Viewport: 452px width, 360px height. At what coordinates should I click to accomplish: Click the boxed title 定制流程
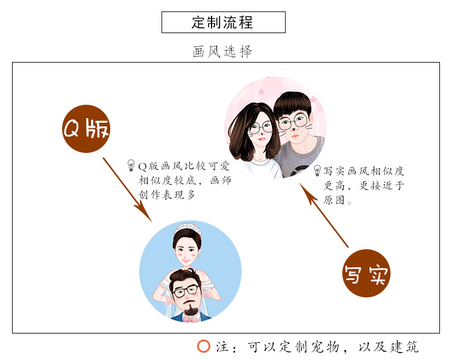coord(223,22)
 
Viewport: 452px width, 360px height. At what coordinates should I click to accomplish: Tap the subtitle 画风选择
coord(222,52)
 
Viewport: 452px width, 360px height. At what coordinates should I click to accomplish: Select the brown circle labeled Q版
coord(87,129)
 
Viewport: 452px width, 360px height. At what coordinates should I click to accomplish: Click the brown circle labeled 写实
coord(366,273)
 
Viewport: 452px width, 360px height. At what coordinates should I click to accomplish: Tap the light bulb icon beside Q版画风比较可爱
coord(131,165)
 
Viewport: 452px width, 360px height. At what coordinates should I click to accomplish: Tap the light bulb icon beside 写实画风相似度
coord(317,170)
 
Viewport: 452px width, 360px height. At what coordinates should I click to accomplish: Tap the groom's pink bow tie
coord(192,318)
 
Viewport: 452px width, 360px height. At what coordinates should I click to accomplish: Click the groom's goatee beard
coord(191,311)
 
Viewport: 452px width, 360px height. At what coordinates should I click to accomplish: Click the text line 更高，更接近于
coord(363,185)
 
